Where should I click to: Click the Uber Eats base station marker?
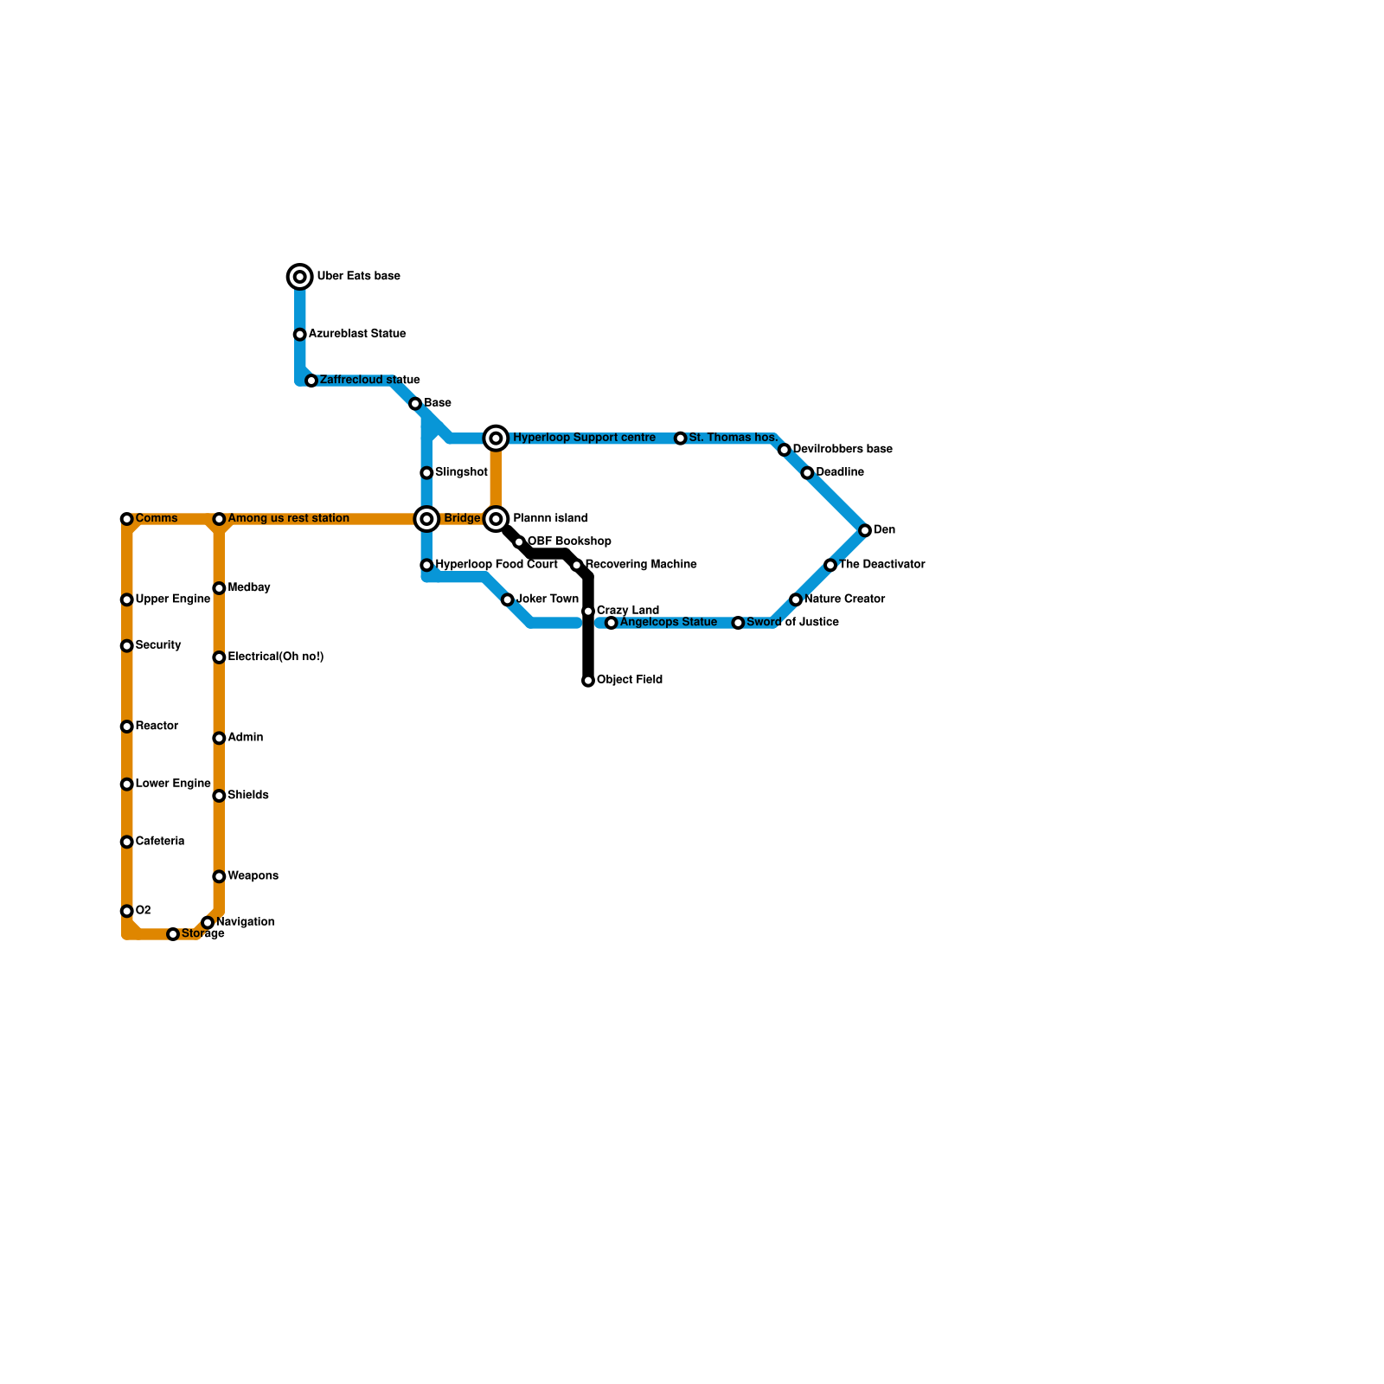pos(300,277)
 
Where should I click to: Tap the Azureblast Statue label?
pos(356,334)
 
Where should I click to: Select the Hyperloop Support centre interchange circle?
pos(496,439)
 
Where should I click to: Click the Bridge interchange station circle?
pos(426,519)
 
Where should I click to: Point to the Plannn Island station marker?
pos(496,519)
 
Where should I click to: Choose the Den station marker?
pos(865,530)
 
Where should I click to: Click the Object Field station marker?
pos(588,681)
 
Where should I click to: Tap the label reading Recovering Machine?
pos(641,565)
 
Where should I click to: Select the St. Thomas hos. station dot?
pos(681,439)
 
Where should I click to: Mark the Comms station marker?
pos(127,519)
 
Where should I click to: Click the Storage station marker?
pos(173,934)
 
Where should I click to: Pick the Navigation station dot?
pos(208,923)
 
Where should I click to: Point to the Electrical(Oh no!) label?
pos(275,657)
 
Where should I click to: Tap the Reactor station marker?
pos(127,727)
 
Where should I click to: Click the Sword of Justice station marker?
pos(738,623)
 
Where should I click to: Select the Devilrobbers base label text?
pos(842,450)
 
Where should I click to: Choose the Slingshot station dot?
pos(426,473)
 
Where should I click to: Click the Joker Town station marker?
pos(508,599)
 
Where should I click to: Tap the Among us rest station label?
pos(288,519)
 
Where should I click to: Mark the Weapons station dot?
pos(219,876)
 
